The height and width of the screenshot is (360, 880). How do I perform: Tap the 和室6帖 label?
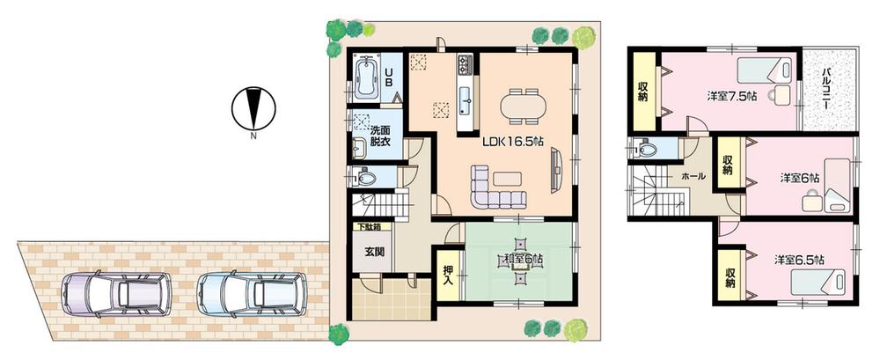523,259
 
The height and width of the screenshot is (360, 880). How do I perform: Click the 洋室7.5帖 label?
730,96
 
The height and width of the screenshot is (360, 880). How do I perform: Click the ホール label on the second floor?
692,176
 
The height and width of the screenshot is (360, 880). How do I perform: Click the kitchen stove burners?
465,63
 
